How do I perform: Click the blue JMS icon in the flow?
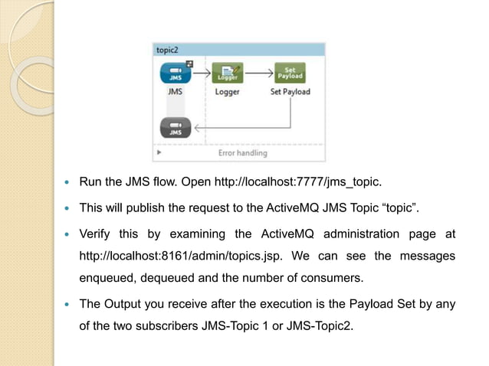176,73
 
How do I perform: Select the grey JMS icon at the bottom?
176,127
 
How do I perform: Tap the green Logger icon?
227,73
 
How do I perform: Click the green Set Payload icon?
290,73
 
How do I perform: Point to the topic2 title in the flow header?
169,49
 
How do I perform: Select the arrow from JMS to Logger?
202,73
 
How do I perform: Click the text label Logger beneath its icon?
227,92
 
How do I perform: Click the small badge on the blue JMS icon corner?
189,64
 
